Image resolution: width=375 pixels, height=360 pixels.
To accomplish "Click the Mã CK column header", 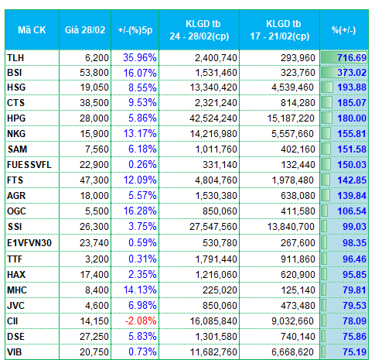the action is [32, 30].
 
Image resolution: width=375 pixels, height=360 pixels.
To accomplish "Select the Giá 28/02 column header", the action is [85, 30].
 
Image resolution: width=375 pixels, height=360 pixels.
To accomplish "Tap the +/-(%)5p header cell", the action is [135, 30].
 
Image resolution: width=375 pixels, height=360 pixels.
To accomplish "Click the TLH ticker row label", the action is [15, 58].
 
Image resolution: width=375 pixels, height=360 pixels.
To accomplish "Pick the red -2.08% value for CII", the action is [141, 321].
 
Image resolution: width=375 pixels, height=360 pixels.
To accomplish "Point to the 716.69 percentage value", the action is [352, 58].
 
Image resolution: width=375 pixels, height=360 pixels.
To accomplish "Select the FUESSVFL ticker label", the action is [29, 165].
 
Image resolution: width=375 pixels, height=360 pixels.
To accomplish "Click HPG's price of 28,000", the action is [94, 118].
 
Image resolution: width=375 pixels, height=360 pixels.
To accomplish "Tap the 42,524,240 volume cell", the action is [213, 118].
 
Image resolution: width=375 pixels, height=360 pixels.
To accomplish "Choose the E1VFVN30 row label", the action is [29, 243].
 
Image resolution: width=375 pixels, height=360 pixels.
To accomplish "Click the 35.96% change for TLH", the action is [140, 58].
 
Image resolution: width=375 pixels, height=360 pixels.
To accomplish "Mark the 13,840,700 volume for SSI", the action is [291, 227].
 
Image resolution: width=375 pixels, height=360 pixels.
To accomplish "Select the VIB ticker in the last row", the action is [15, 352].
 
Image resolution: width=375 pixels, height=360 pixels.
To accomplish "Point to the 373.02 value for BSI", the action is [352, 73].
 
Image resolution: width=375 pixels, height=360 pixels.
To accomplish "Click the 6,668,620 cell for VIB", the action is [292, 352].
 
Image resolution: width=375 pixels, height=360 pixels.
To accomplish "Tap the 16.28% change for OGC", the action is [140, 211].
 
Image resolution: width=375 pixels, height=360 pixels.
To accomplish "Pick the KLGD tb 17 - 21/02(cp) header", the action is [280, 30].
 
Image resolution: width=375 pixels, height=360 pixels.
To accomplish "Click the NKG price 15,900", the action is [94, 134].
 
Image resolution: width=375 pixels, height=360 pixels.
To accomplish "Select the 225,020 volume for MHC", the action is [220, 290].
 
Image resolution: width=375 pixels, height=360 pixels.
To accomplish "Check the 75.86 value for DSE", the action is [354, 337].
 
